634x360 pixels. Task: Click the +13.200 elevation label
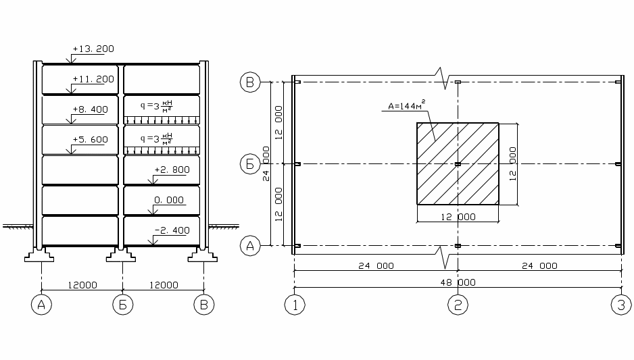pyautogui.click(x=93, y=49)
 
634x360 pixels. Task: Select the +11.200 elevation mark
pyautogui.click(x=93, y=79)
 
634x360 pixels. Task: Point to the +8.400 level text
pyautogui.click(x=90, y=109)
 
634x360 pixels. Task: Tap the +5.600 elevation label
pyautogui.click(x=90, y=140)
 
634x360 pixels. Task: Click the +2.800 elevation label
pyautogui.click(x=172, y=170)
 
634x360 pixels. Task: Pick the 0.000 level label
pyautogui.click(x=168, y=200)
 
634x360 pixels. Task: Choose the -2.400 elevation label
pyautogui.click(x=172, y=230)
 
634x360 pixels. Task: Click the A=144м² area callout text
pyautogui.click(x=406, y=105)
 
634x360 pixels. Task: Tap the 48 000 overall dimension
pyautogui.click(x=458, y=282)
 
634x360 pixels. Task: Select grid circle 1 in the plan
pyautogui.click(x=295, y=305)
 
